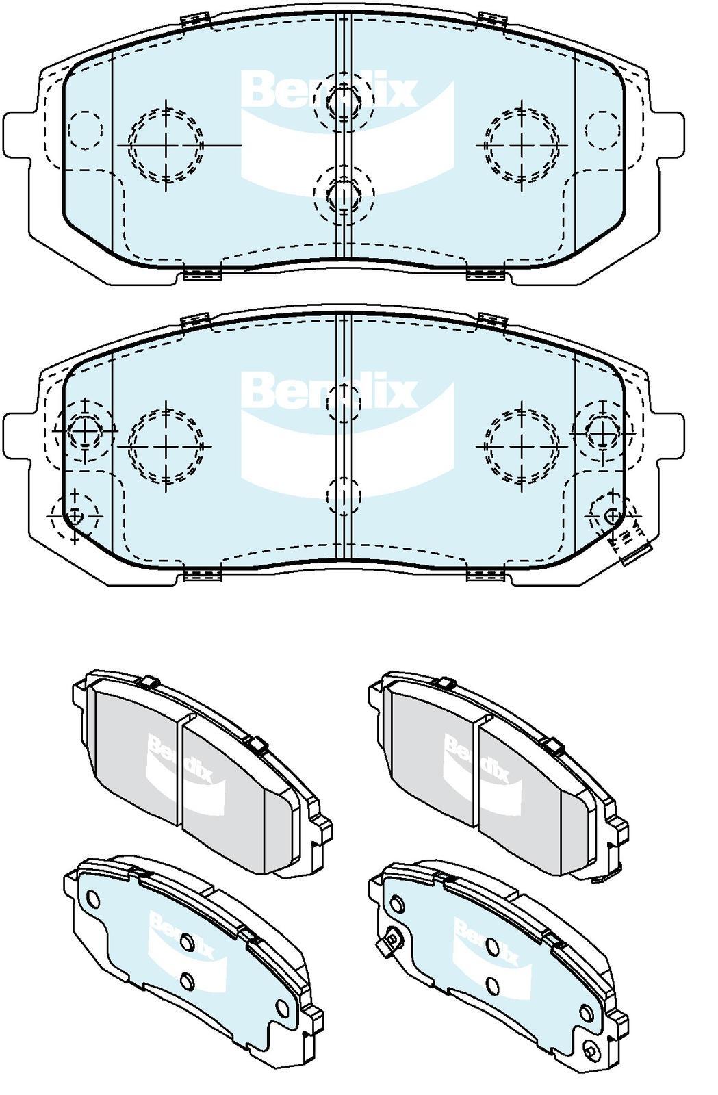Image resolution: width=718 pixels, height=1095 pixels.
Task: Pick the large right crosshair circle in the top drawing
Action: tap(521, 145)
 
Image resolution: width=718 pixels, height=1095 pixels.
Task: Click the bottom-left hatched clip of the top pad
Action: tap(203, 274)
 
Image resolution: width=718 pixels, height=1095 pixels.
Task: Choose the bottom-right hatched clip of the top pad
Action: tap(487, 274)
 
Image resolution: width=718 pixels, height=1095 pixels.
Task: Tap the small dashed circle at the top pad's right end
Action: tap(602, 129)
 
